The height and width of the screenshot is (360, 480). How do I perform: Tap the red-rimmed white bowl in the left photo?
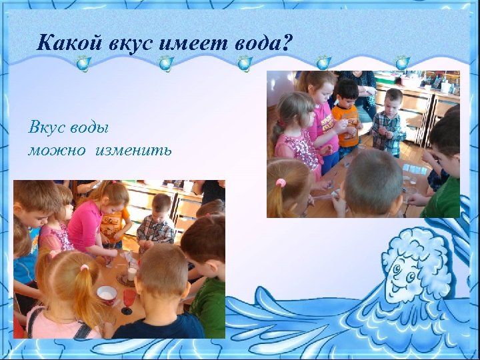point(107,293)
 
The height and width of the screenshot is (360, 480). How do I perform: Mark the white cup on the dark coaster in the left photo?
point(132,273)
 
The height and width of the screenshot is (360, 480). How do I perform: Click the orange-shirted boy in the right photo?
point(345,117)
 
